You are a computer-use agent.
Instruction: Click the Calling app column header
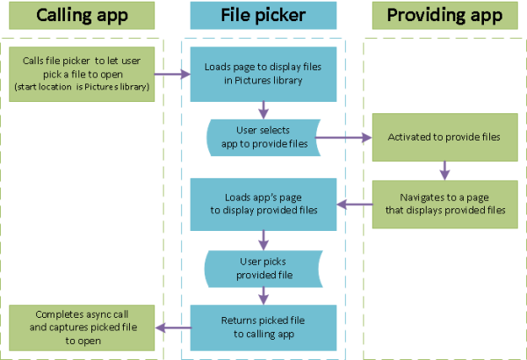(x=81, y=15)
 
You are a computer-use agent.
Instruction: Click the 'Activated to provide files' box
(x=444, y=138)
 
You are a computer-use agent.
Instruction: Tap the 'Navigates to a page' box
(x=444, y=204)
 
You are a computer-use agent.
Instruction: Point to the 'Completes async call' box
(x=81, y=328)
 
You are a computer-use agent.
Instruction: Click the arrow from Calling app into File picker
(x=173, y=74)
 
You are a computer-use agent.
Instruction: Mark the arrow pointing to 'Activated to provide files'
(x=343, y=138)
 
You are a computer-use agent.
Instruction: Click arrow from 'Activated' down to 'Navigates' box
(x=444, y=169)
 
